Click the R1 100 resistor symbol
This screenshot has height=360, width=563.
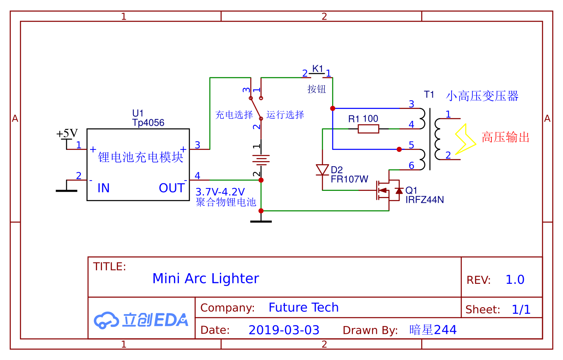[x=368, y=129]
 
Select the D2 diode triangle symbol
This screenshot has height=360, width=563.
[x=323, y=170]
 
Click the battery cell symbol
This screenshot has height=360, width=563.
[x=261, y=160]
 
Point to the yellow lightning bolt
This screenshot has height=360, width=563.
[x=465, y=139]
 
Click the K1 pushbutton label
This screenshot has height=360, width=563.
[x=318, y=68]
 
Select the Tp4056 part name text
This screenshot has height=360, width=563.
[x=148, y=123]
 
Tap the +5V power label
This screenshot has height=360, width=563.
[x=67, y=134]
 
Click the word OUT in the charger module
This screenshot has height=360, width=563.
[x=172, y=188]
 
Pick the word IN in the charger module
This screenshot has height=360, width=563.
[x=104, y=188]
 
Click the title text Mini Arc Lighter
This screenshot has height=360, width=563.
[x=206, y=278]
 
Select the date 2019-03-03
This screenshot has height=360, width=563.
[x=284, y=330]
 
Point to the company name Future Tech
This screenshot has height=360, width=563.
[x=303, y=308]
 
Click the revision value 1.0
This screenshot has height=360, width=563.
[x=515, y=280]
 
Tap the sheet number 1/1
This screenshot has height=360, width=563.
[x=521, y=310]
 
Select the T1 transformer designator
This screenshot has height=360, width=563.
[x=429, y=95]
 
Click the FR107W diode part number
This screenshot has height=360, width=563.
[x=349, y=179]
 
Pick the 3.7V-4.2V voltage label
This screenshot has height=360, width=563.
[x=220, y=192]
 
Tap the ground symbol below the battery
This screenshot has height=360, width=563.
[x=261, y=221]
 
